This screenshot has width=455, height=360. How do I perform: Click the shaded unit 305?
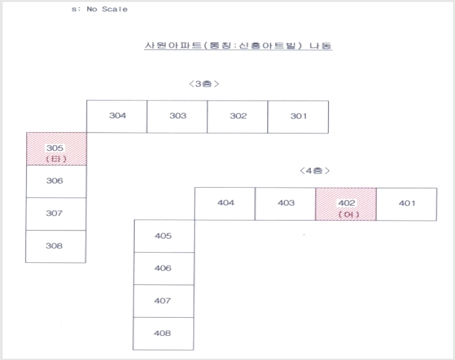coord(56,149)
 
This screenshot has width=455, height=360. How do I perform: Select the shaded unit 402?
coord(346,204)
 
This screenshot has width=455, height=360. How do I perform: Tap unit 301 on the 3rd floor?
coord(298,117)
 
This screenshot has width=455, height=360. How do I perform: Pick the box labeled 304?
coord(117,117)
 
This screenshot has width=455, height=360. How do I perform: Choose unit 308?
coord(56,247)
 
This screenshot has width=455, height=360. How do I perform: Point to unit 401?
coord(407,204)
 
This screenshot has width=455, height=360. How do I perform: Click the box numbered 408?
coord(163,334)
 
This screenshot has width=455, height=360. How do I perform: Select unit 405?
coord(164,236)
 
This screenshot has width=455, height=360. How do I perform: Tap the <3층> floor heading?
coord(204,84)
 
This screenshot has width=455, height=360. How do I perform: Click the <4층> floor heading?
coord(315,171)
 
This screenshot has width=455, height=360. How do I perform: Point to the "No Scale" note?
coord(107,9)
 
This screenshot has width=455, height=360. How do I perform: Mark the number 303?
coord(178,116)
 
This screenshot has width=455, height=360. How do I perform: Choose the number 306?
coord(54,181)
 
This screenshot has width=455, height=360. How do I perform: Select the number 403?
coord(286,202)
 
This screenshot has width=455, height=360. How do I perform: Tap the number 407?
coord(162,300)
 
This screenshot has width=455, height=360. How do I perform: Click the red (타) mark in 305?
coord(56,159)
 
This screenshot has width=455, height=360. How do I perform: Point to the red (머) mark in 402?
coord(349,215)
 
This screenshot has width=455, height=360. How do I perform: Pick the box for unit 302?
coord(238,117)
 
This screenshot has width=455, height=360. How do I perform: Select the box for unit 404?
coord(225,204)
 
